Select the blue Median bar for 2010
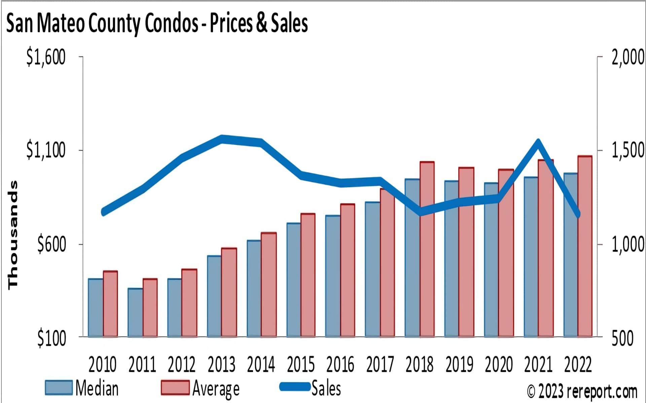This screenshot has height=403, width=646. tap(96, 308)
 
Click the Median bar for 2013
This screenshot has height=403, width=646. tap(214, 296)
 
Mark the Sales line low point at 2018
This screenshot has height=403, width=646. tap(421, 212)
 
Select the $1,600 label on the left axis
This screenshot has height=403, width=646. tap(46, 57)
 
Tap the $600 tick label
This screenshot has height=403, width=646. tap(51, 244)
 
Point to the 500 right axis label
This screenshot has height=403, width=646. tap(622, 338)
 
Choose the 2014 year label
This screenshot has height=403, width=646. tap(261, 365)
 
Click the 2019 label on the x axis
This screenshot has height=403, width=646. tap(459, 365)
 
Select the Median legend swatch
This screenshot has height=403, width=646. tap(59, 388)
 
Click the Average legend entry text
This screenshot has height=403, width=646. tap(216, 389)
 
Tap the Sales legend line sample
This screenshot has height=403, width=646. tap(295, 387)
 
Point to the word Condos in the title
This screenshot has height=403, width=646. tap(172, 24)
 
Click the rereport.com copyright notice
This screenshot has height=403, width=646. tap(582, 391)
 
